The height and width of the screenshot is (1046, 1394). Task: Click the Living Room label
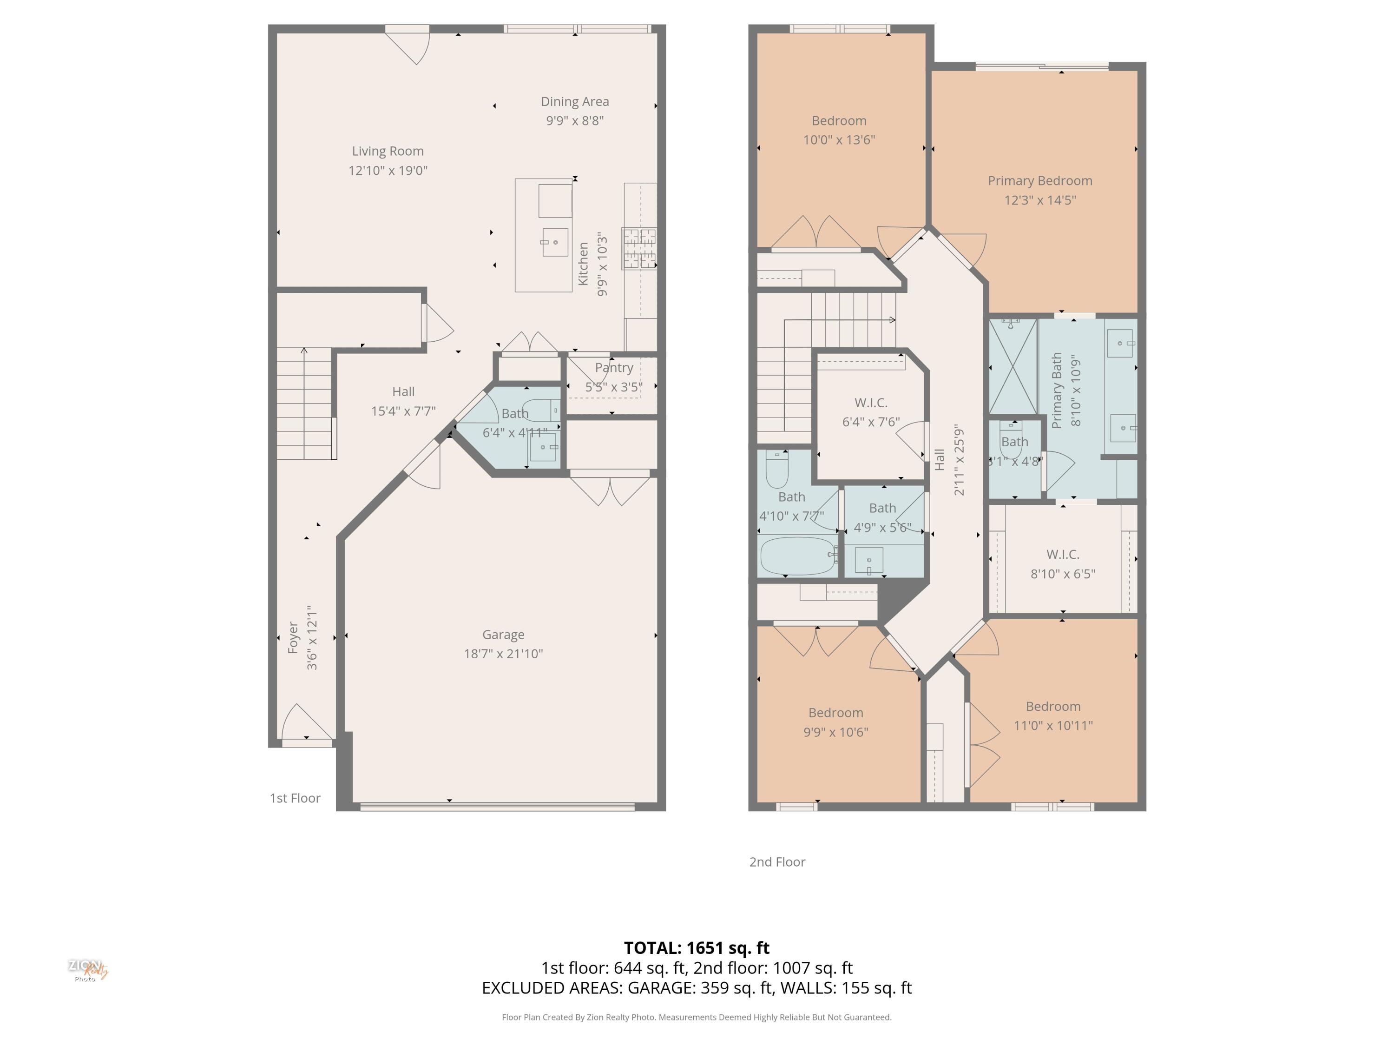pos(388,151)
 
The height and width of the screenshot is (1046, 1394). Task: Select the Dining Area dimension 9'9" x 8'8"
pos(574,120)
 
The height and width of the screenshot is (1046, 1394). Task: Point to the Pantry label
pos(613,368)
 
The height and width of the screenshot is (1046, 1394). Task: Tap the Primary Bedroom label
pos(1040,181)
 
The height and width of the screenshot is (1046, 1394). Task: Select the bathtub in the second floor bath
pos(798,556)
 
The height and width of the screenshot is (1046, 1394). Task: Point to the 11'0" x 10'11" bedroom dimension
pos(1053,726)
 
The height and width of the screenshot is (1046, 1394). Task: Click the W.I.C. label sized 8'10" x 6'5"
pos(1063,555)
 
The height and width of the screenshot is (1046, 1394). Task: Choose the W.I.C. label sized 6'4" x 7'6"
pos(871,403)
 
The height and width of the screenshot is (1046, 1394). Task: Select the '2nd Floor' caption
pos(777,862)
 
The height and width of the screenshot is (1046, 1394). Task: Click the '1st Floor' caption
pos(295,798)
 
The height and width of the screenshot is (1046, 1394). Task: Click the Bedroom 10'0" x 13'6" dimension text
pos(839,140)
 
